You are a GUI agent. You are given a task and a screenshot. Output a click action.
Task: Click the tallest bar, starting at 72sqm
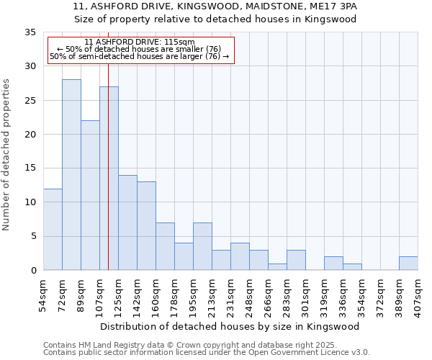click(71, 175)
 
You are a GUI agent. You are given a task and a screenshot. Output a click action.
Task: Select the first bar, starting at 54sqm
click(53, 229)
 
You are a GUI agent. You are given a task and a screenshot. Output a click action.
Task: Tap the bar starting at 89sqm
click(90, 195)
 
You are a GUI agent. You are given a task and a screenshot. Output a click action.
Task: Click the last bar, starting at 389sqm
click(408, 264)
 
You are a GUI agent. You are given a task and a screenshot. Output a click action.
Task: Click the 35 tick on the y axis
click(30, 32)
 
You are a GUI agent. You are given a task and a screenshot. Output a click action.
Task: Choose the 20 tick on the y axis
click(30, 135)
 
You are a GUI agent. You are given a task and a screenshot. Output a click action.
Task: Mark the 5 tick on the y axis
click(33, 236)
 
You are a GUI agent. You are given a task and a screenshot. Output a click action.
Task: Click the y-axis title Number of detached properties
click(7, 155)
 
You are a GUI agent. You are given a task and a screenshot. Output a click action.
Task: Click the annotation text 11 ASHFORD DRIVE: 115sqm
click(139, 42)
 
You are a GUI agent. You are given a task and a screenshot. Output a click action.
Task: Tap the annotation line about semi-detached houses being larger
click(139, 56)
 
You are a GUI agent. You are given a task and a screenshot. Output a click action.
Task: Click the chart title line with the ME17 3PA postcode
click(215, 6)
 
